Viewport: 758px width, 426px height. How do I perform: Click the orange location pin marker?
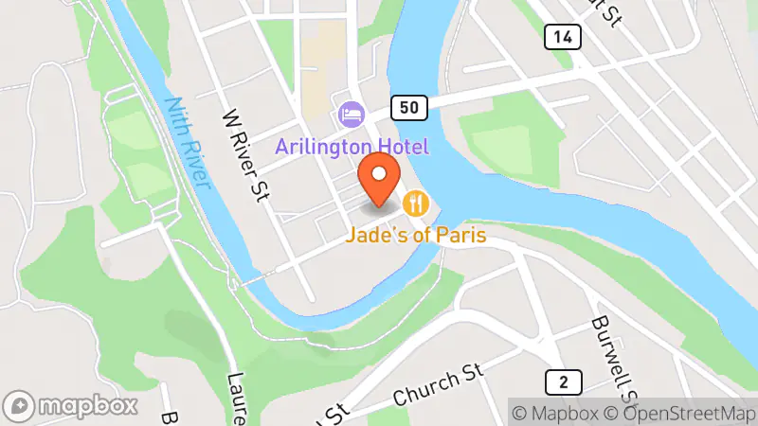pyautogui.click(x=380, y=183)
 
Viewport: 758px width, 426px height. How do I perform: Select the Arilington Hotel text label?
pyautogui.click(x=352, y=147)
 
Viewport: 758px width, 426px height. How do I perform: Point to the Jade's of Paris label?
pyautogui.click(x=416, y=232)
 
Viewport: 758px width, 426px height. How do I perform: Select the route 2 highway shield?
pyautogui.click(x=564, y=382)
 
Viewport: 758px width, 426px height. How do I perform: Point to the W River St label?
pyautogui.click(x=244, y=155)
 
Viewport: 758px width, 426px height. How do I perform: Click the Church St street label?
pyautogui.click(x=433, y=384)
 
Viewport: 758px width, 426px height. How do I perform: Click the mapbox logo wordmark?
pyautogui.click(x=87, y=406)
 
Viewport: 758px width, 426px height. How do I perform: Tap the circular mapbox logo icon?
pyautogui.click(x=22, y=406)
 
